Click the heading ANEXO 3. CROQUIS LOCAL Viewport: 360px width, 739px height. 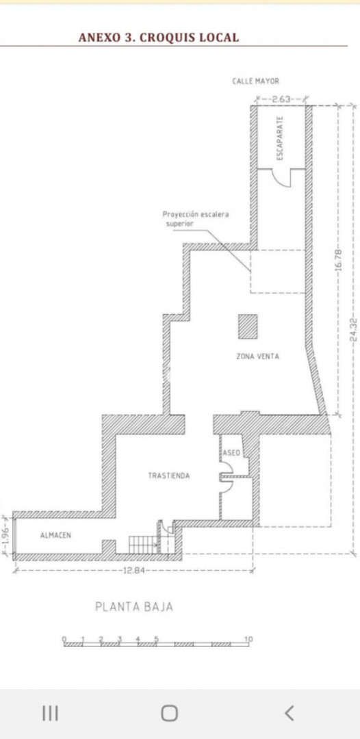158,38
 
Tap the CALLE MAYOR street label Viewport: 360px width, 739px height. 256,81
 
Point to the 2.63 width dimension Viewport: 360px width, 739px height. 281,99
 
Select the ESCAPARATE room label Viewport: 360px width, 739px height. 280,138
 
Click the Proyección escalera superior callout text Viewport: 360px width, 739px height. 196,219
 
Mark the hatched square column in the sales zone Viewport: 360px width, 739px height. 247,326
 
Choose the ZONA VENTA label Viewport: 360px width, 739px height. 257,356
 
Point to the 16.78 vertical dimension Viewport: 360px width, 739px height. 338,260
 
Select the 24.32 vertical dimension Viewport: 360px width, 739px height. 354,329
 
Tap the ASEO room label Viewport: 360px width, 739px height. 232,453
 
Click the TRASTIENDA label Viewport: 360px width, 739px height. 169,476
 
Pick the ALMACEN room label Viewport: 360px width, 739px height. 55,535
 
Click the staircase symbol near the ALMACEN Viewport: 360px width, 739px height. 143,544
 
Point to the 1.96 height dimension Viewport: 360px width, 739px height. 5,535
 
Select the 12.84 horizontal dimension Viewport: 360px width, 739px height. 133,571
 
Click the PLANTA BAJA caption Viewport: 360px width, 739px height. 134,606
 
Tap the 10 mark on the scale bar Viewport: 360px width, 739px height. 248,639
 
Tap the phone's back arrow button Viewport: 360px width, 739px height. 290,713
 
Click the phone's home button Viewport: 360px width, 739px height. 170,713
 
